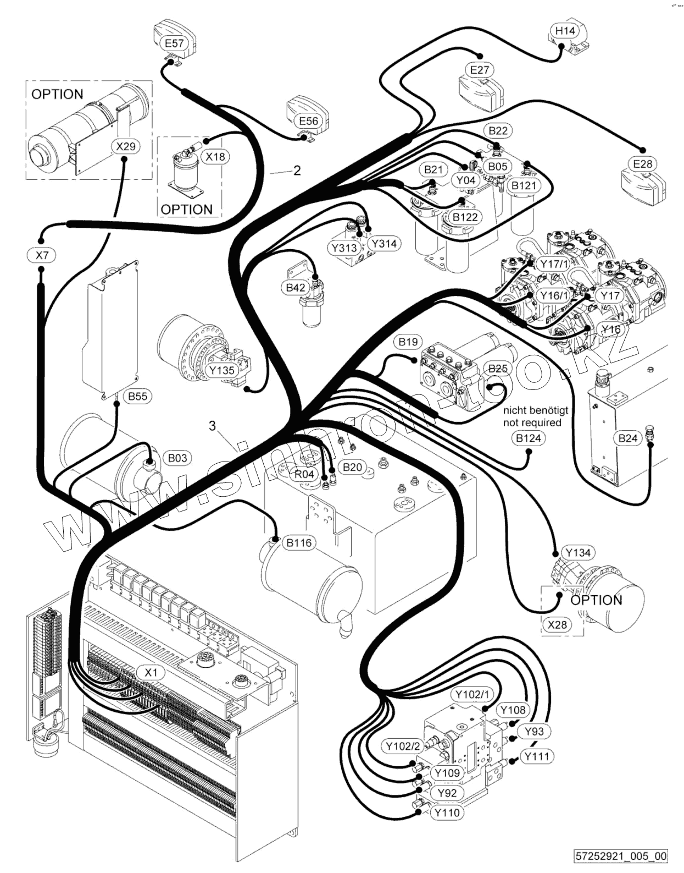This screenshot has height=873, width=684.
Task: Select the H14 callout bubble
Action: pyautogui.click(x=564, y=31)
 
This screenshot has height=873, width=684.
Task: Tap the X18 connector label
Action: pyautogui.click(x=215, y=157)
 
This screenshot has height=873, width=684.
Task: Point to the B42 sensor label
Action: pyautogui.click(x=296, y=287)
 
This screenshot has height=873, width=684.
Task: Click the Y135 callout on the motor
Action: pyautogui.click(x=222, y=370)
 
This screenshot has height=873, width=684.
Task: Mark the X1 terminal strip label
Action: pyautogui.click(x=151, y=672)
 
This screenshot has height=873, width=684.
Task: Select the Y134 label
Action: pyautogui.click(x=577, y=553)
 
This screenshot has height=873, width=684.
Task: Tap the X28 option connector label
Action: pyautogui.click(x=558, y=624)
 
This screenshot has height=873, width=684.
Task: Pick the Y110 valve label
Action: pyautogui.click(x=447, y=812)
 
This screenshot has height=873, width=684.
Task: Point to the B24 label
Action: pyautogui.click(x=627, y=438)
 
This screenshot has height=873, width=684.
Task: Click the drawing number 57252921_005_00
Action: pyautogui.click(x=621, y=856)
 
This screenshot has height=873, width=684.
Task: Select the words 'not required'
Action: pyautogui.click(x=532, y=422)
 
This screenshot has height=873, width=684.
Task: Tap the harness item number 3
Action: pyautogui.click(x=212, y=426)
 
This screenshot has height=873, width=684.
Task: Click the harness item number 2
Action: pyautogui.click(x=297, y=171)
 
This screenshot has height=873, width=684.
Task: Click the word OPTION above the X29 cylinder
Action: pyautogui.click(x=57, y=94)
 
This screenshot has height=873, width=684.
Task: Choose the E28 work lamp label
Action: pyautogui.click(x=642, y=164)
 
